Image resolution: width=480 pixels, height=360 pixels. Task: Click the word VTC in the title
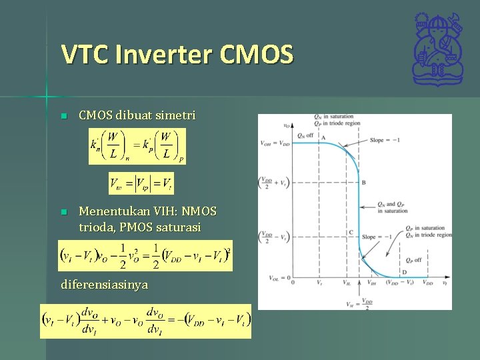[85, 54]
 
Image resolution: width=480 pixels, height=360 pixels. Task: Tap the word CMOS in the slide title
[257, 54]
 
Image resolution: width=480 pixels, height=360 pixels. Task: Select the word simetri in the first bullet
[175, 115]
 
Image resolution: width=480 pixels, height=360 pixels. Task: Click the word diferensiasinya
[104, 285]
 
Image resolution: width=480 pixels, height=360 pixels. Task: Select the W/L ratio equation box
[137, 146]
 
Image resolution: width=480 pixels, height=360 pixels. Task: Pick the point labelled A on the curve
[324, 137]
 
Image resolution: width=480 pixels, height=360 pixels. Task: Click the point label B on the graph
[363, 182]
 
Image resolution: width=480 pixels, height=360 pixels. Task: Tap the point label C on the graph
[351, 232]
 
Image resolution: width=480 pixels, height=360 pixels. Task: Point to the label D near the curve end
[404, 272]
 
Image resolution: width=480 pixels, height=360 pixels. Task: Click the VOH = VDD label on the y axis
[275, 143]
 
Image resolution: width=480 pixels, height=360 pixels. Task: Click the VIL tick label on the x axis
[346, 283]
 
